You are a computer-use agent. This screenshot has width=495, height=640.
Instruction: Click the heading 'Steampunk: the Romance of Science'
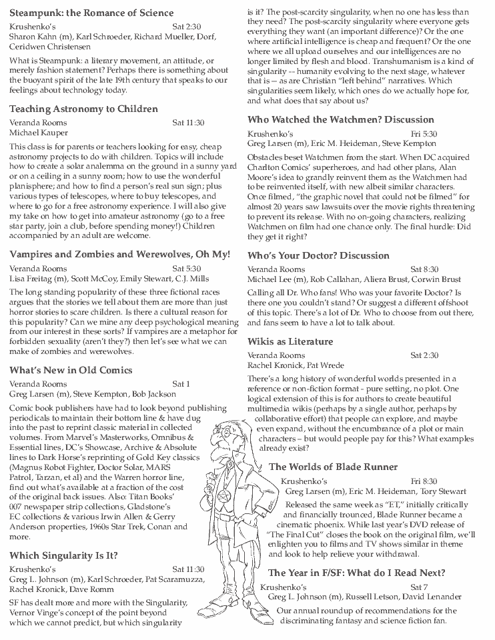pyautogui.click(x=91, y=13)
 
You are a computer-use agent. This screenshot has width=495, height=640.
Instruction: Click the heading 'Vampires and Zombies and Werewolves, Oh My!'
pyautogui.click(x=120, y=254)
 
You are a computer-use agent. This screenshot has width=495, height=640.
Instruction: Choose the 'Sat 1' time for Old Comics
pyautogui.click(x=181, y=384)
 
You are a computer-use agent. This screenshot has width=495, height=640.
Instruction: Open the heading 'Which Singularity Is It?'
pyautogui.click(x=63, y=555)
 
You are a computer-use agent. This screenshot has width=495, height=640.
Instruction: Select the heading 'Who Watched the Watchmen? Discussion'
pyautogui.click(x=340, y=119)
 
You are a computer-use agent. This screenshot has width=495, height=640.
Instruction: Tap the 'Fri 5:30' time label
pyautogui.click(x=424, y=133)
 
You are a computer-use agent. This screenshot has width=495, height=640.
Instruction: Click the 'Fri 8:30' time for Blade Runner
pyautogui.click(x=424, y=481)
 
